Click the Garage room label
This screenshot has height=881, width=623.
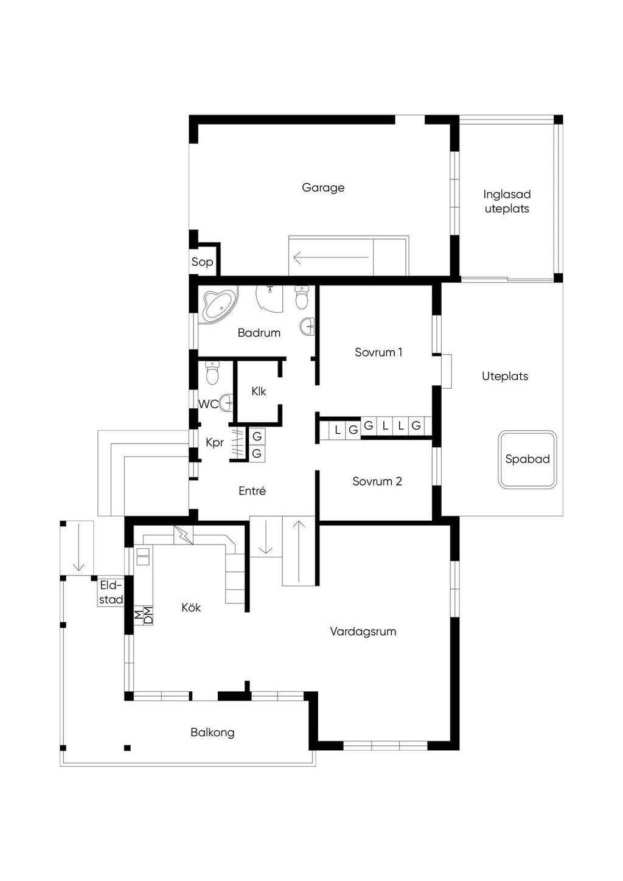click(323, 187)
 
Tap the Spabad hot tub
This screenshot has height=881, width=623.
click(527, 459)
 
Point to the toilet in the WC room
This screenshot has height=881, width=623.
click(212, 372)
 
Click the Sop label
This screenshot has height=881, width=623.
click(202, 262)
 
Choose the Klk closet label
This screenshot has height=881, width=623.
click(259, 391)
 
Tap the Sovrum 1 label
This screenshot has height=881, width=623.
click(378, 352)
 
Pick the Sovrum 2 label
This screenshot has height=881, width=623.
click(377, 481)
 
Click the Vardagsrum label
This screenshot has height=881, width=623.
click(363, 632)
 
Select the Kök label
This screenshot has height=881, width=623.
click(191, 608)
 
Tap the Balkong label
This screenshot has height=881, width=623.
click(212, 733)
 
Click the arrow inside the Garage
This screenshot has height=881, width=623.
click(331, 258)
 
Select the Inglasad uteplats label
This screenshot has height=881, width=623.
click(507, 201)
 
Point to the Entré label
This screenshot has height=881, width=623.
click(252, 491)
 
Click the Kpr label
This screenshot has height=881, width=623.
click(215, 443)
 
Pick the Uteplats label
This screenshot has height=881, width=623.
click(505, 377)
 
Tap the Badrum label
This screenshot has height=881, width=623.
click(259, 333)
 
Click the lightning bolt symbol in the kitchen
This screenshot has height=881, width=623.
click(183, 535)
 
